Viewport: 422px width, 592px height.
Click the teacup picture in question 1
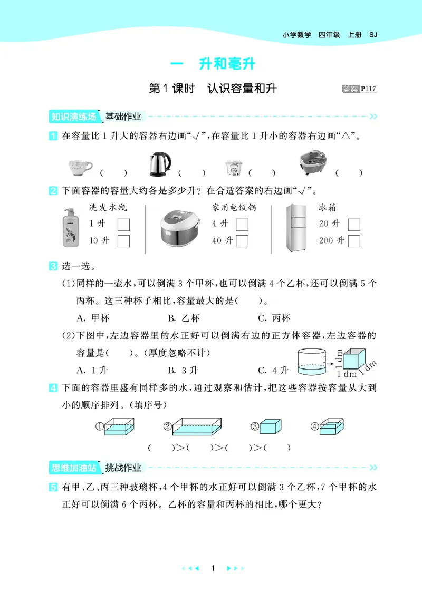(x=80, y=167)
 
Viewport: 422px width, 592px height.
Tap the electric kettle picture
(x=159, y=164)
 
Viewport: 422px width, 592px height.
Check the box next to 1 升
(x=123, y=225)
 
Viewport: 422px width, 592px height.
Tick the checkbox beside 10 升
(x=123, y=241)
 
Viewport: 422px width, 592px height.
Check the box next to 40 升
(x=242, y=241)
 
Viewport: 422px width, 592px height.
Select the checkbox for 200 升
(x=354, y=241)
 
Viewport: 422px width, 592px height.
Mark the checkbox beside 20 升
(x=354, y=225)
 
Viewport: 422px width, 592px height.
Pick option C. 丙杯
(x=274, y=318)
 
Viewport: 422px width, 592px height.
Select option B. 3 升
(x=183, y=369)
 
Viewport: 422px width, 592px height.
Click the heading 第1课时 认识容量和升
(x=213, y=89)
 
